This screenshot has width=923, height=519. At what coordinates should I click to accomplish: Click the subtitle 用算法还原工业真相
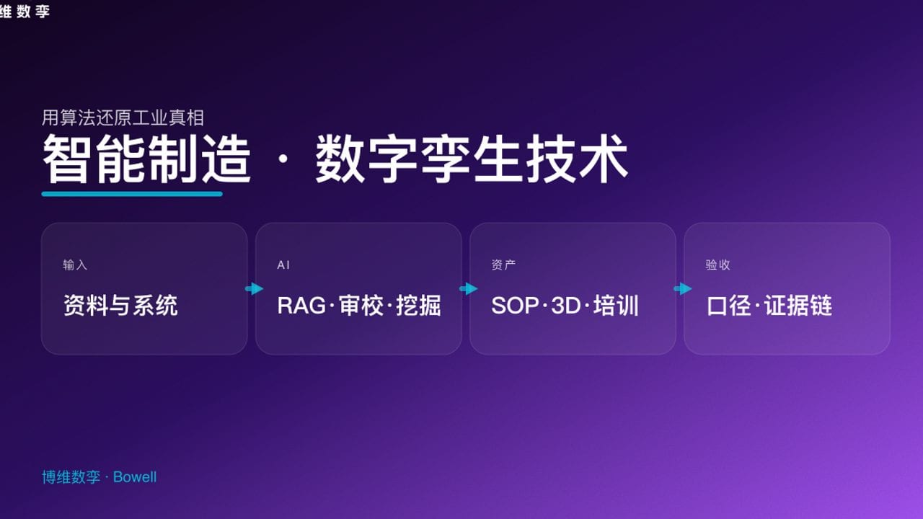pos(123,117)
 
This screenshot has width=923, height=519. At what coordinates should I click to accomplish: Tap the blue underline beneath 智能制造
pos(132,193)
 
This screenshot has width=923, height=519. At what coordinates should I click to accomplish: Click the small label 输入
pos(75,265)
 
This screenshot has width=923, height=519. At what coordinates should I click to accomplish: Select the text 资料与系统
pos(120,306)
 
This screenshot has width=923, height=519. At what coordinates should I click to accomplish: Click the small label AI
pos(283,265)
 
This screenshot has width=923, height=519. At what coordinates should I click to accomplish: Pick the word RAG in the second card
pos(301,306)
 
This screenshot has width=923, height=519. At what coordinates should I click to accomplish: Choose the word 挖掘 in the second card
pos(418,306)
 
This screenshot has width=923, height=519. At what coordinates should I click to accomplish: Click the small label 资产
pos(503,265)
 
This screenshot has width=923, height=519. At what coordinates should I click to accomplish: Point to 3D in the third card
pos(565,306)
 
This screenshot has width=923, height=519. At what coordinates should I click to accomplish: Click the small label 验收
pos(717,265)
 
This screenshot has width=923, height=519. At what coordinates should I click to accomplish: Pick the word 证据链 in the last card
pos(798,306)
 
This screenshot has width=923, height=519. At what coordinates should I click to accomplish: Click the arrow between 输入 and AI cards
pos(254,289)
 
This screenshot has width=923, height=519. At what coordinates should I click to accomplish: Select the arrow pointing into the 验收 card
pos(682,289)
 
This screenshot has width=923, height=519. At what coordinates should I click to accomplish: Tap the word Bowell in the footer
pos(135,477)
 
